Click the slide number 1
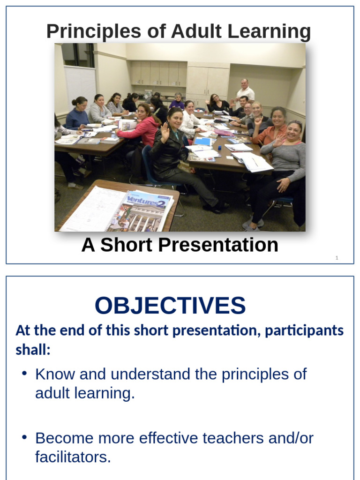click(337, 258)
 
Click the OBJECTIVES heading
click(170, 306)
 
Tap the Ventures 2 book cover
click(143, 211)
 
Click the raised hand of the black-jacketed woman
click(165, 132)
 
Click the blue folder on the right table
click(203, 141)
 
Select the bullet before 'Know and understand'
click(24, 373)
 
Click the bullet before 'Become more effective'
click(24, 437)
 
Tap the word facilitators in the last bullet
click(73, 457)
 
